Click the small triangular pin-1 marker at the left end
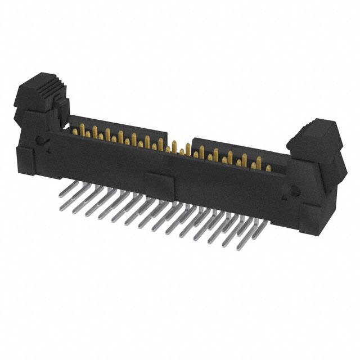pyautogui.click(x=49, y=151)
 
